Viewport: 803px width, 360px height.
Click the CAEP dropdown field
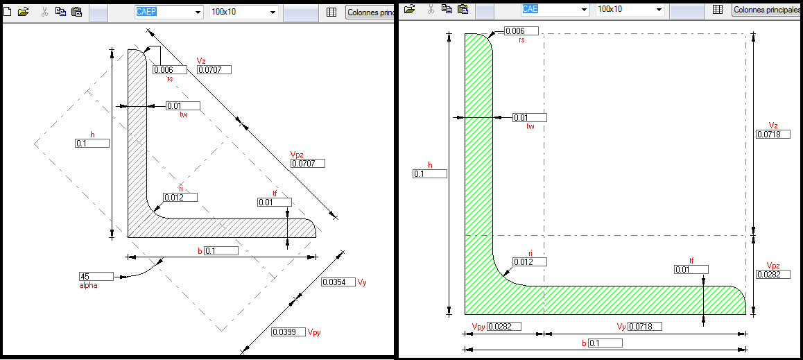pos(169,12)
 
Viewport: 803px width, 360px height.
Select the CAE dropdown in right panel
pos(555,9)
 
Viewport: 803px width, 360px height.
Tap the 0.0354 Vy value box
pos(338,282)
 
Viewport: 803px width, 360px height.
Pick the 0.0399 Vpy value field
pos(288,332)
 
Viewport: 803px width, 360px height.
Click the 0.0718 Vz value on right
pos(772,135)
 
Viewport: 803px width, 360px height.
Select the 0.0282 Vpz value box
pos(772,275)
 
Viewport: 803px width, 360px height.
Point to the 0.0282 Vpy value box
pos(504,327)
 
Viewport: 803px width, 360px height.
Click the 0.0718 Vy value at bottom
pos(645,327)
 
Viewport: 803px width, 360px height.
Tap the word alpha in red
pos(88,285)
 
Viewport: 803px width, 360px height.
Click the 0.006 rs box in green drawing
pos(521,31)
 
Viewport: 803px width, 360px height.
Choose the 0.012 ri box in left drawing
pos(180,198)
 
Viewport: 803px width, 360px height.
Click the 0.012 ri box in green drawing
pos(530,262)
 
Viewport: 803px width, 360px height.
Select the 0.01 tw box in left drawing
pos(183,106)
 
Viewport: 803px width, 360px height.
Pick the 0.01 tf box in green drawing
pos(691,270)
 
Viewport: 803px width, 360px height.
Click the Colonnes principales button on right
pos(767,10)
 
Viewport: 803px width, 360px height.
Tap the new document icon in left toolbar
pos(7,12)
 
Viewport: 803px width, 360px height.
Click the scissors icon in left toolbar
pos(44,12)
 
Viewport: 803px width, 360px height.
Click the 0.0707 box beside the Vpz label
pos(308,164)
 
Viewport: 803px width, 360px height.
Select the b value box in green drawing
pos(605,343)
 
